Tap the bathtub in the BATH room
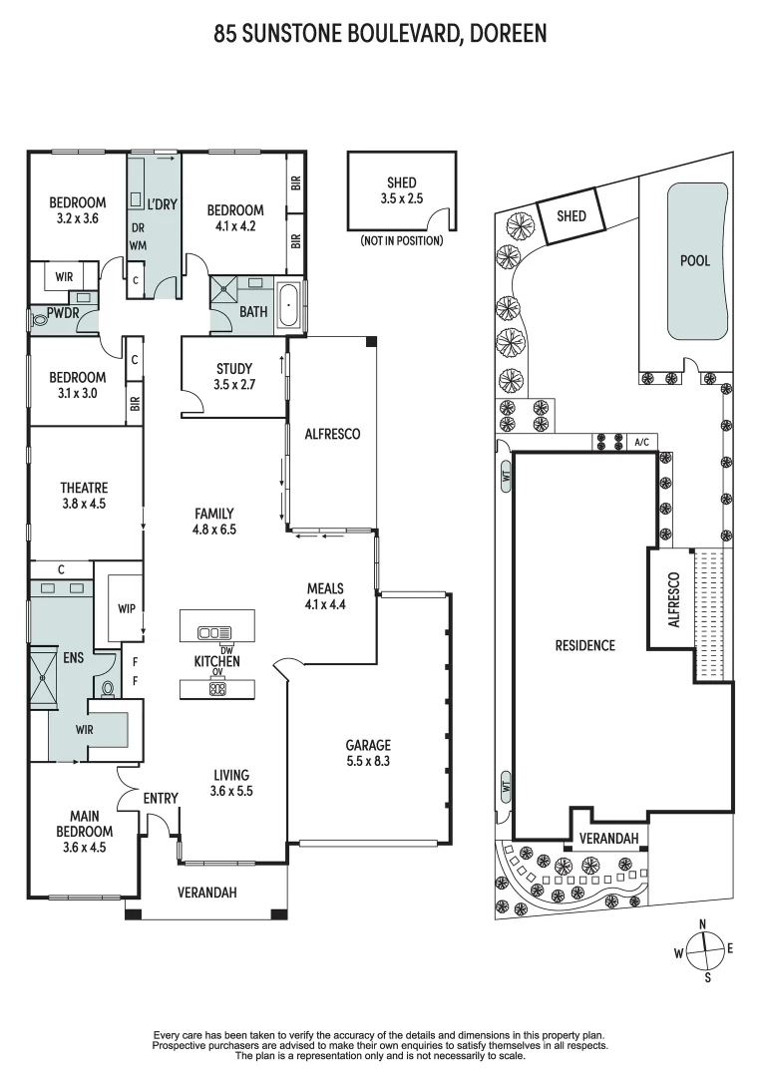click(x=289, y=304)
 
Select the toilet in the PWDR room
click(x=42, y=320)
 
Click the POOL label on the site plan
click(x=695, y=260)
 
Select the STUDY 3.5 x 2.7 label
click(x=233, y=375)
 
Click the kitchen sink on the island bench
click(x=212, y=632)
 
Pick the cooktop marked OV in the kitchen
click(x=216, y=687)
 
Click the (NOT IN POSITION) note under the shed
click(x=401, y=240)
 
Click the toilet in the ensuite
click(x=109, y=688)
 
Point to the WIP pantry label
click(x=126, y=608)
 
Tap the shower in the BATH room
click(x=224, y=295)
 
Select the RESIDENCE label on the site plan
click(x=585, y=645)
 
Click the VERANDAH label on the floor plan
click(x=207, y=893)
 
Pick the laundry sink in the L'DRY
click(x=137, y=199)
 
